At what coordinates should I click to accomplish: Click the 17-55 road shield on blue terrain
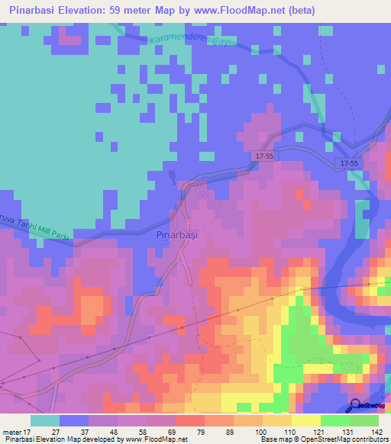pyautogui.click(x=350, y=163)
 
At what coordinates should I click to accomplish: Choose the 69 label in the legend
pyautogui.click(x=162, y=432)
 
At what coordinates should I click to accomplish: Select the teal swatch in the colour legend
pyautogui.click(x=44, y=420)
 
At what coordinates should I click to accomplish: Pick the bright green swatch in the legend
pyautogui.click(x=334, y=420)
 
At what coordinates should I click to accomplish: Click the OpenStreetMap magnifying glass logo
pyautogui.click(x=357, y=406)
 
